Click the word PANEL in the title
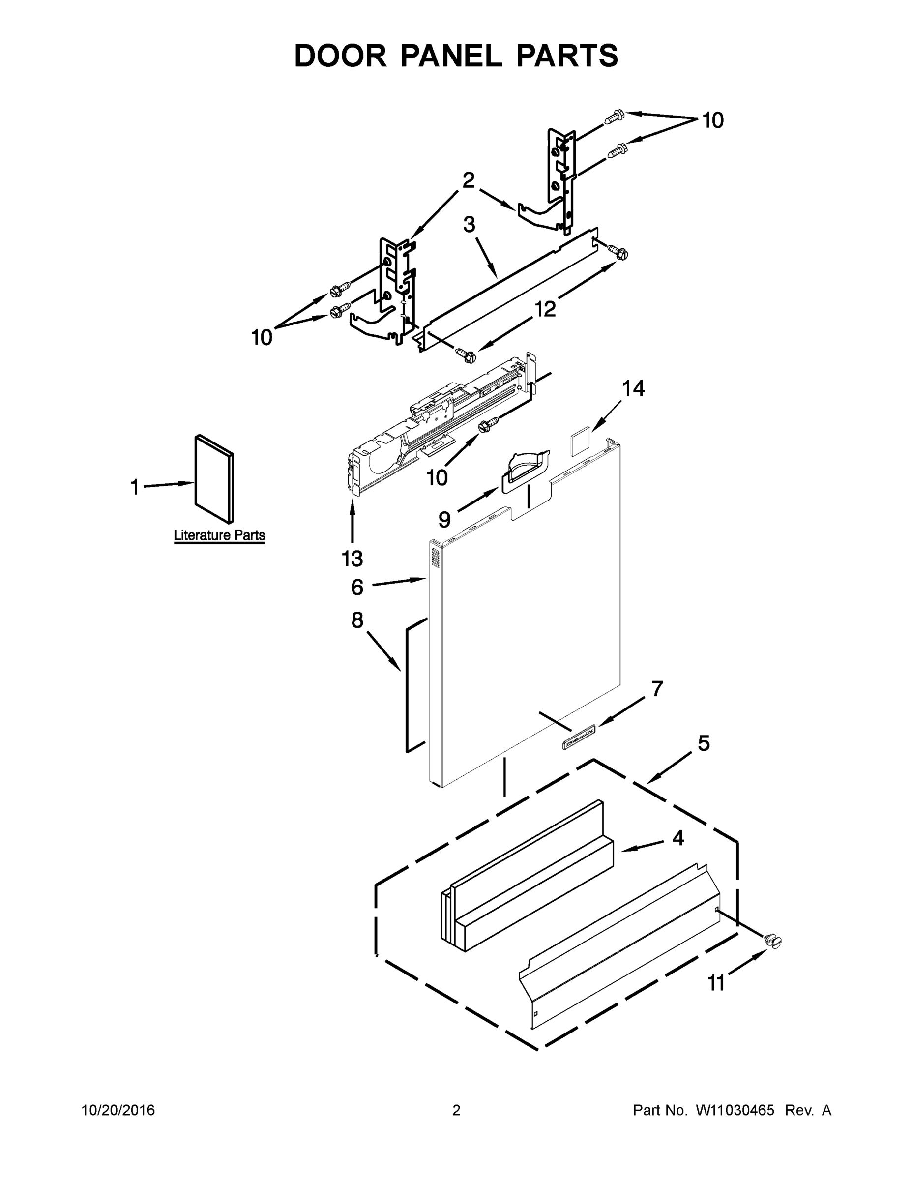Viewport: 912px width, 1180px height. click(x=451, y=56)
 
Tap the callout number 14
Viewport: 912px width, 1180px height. click(x=633, y=388)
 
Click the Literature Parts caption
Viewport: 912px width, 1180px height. click(x=219, y=535)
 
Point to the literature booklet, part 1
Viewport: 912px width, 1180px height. click(x=214, y=479)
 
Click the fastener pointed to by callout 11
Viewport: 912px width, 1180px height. click(x=774, y=941)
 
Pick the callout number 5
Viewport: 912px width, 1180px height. click(x=703, y=743)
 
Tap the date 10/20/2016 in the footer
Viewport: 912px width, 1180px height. click(x=118, y=1110)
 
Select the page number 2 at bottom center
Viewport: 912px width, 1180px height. click(x=456, y=1110)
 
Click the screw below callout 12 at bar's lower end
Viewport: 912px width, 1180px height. click(x=466, y=355)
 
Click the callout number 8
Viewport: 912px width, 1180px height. click(x=357, y=620)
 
